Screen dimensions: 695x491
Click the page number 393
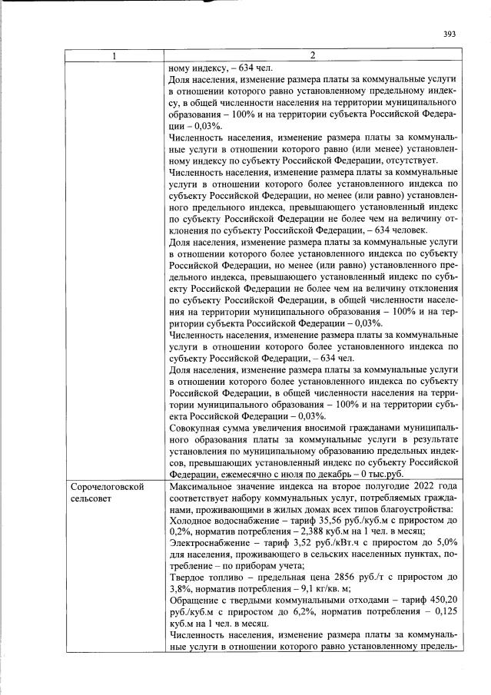click(x=450, y=34)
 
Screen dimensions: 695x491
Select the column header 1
click(x=114, y=55)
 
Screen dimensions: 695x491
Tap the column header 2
click(x=312, y=55)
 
